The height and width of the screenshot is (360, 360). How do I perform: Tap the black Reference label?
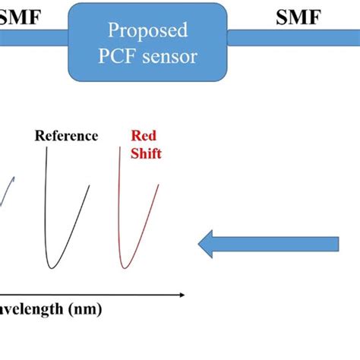(66, 136)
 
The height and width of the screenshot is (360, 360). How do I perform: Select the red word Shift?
(146, 153)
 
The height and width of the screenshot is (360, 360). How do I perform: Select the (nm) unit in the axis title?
(84, 309)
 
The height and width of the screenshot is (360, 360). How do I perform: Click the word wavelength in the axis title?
(30, 309)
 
